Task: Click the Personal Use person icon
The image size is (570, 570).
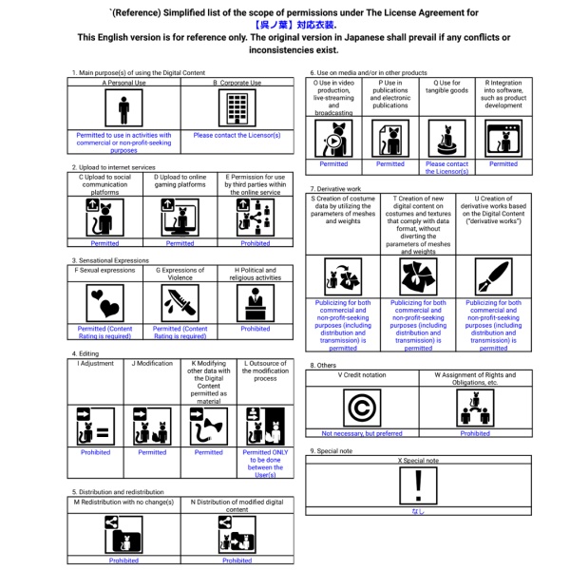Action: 123,111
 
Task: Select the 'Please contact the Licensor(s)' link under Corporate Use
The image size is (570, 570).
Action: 237,135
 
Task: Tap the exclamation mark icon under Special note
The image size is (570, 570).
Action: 417,485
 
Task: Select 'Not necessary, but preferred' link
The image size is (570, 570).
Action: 361,433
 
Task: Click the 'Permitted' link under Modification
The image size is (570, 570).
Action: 152,452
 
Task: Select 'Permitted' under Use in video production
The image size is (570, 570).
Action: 332,164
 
